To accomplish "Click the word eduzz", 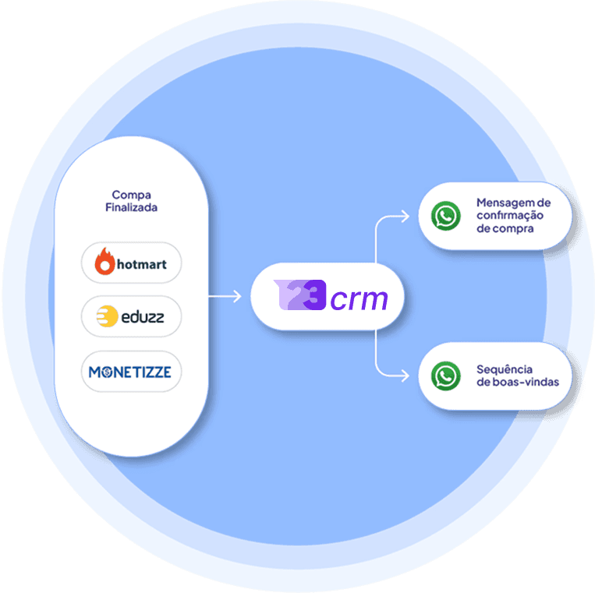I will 142,317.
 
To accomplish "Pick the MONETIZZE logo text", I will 131,372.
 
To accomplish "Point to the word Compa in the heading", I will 131,195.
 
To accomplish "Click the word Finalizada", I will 131,207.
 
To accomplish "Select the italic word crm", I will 359,298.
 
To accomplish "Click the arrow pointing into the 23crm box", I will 236,296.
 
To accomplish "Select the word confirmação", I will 510,216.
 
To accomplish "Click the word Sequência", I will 505,369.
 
